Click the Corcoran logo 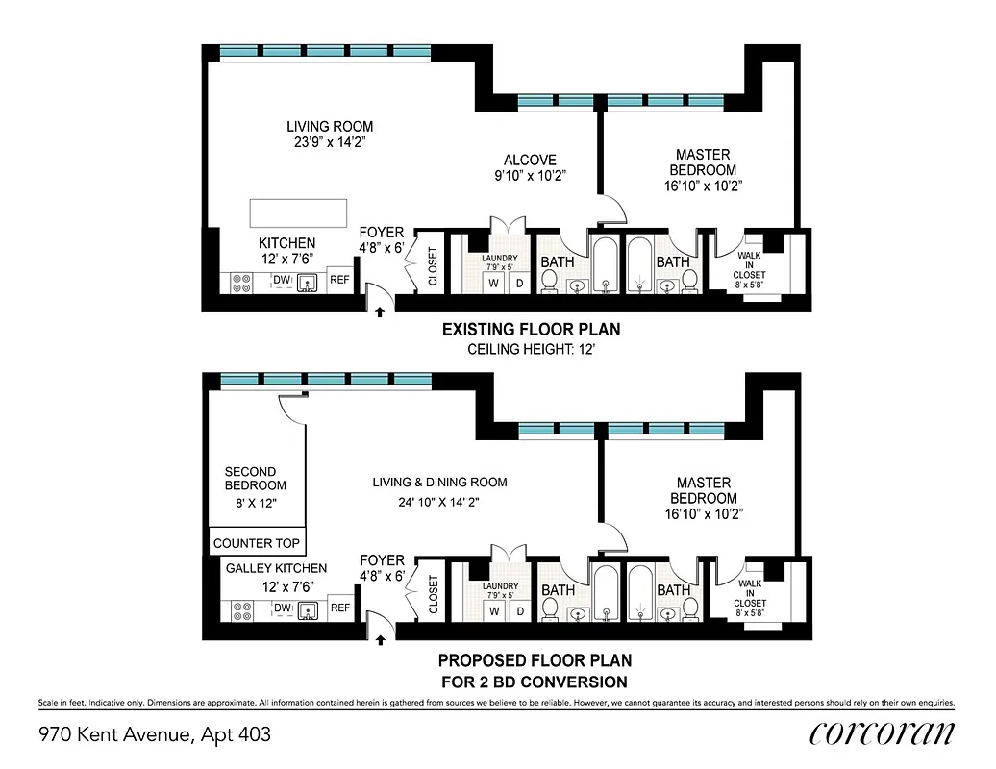pyautogui.click(x=882, y=734)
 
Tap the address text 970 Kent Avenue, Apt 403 pyautogui.click(x=155, y=735)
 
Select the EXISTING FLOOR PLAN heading pyautogui.click(x=531, y=330)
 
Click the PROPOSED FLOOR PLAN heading pyautogui.click(x=535, y=661)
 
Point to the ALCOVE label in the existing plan pyautogui.click(x=530, y=161)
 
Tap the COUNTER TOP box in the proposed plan pyautogui.click(x=257, y=543)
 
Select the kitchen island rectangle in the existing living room pyautogui.click(x=298, y=212)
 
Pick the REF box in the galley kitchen pyautogui.click(x=339, y=608)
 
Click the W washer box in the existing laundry pyautogui.click(x=492, y=283)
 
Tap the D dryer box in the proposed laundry pyautogui.click(x=519, y=611)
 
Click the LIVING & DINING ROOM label pyautogui.click(x=439, y=483)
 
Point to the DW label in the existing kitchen pyautogui.click(x=282, y=281)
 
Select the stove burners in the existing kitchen pyautogui.click(x=241, y=283)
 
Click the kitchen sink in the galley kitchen pyautogui.click(x=308, y=609)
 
